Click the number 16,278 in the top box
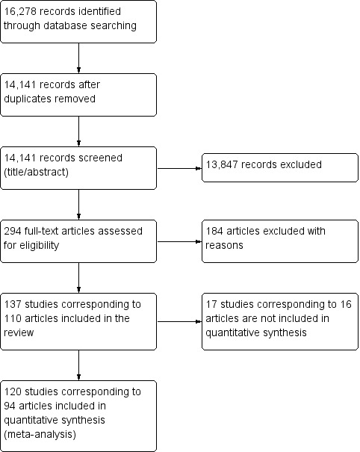(x=20, y=11)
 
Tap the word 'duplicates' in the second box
(x=28, y=99)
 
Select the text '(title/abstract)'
(x=37, y=172)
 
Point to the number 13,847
(x=222, y=164)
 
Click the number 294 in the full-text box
(x=13, y=231)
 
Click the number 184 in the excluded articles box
(x=214, y=231)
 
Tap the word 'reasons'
(x=224, y=246)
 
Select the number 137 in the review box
(x=13, y=304)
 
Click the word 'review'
(x=19, y=332)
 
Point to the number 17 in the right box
(x=211, y=304)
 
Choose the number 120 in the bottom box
(x=13, y=391)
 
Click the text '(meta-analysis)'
(x=40, y=434)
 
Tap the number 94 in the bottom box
(x=10, y=406)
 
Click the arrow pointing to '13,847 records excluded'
(x=179, y=168)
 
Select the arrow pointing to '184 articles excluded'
(x=179, y=241)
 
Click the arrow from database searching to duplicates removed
(x=78, y=58)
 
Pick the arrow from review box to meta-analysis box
(x=78, y=365)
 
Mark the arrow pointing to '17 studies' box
(x=179, y=321)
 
